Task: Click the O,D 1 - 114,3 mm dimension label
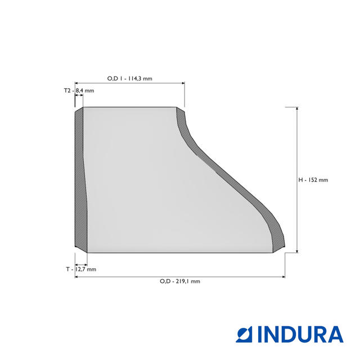(130, 79)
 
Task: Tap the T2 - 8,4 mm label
(79, 91)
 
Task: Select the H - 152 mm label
(313, 180)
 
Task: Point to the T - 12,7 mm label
(81, 269)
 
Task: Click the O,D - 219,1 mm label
(180, 281)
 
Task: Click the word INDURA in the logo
(300, 335)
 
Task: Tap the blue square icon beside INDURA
(244, 335)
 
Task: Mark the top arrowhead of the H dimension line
(297, 109)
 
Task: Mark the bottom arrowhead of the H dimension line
(297, 251)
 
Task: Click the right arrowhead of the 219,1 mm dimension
(283, 277)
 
